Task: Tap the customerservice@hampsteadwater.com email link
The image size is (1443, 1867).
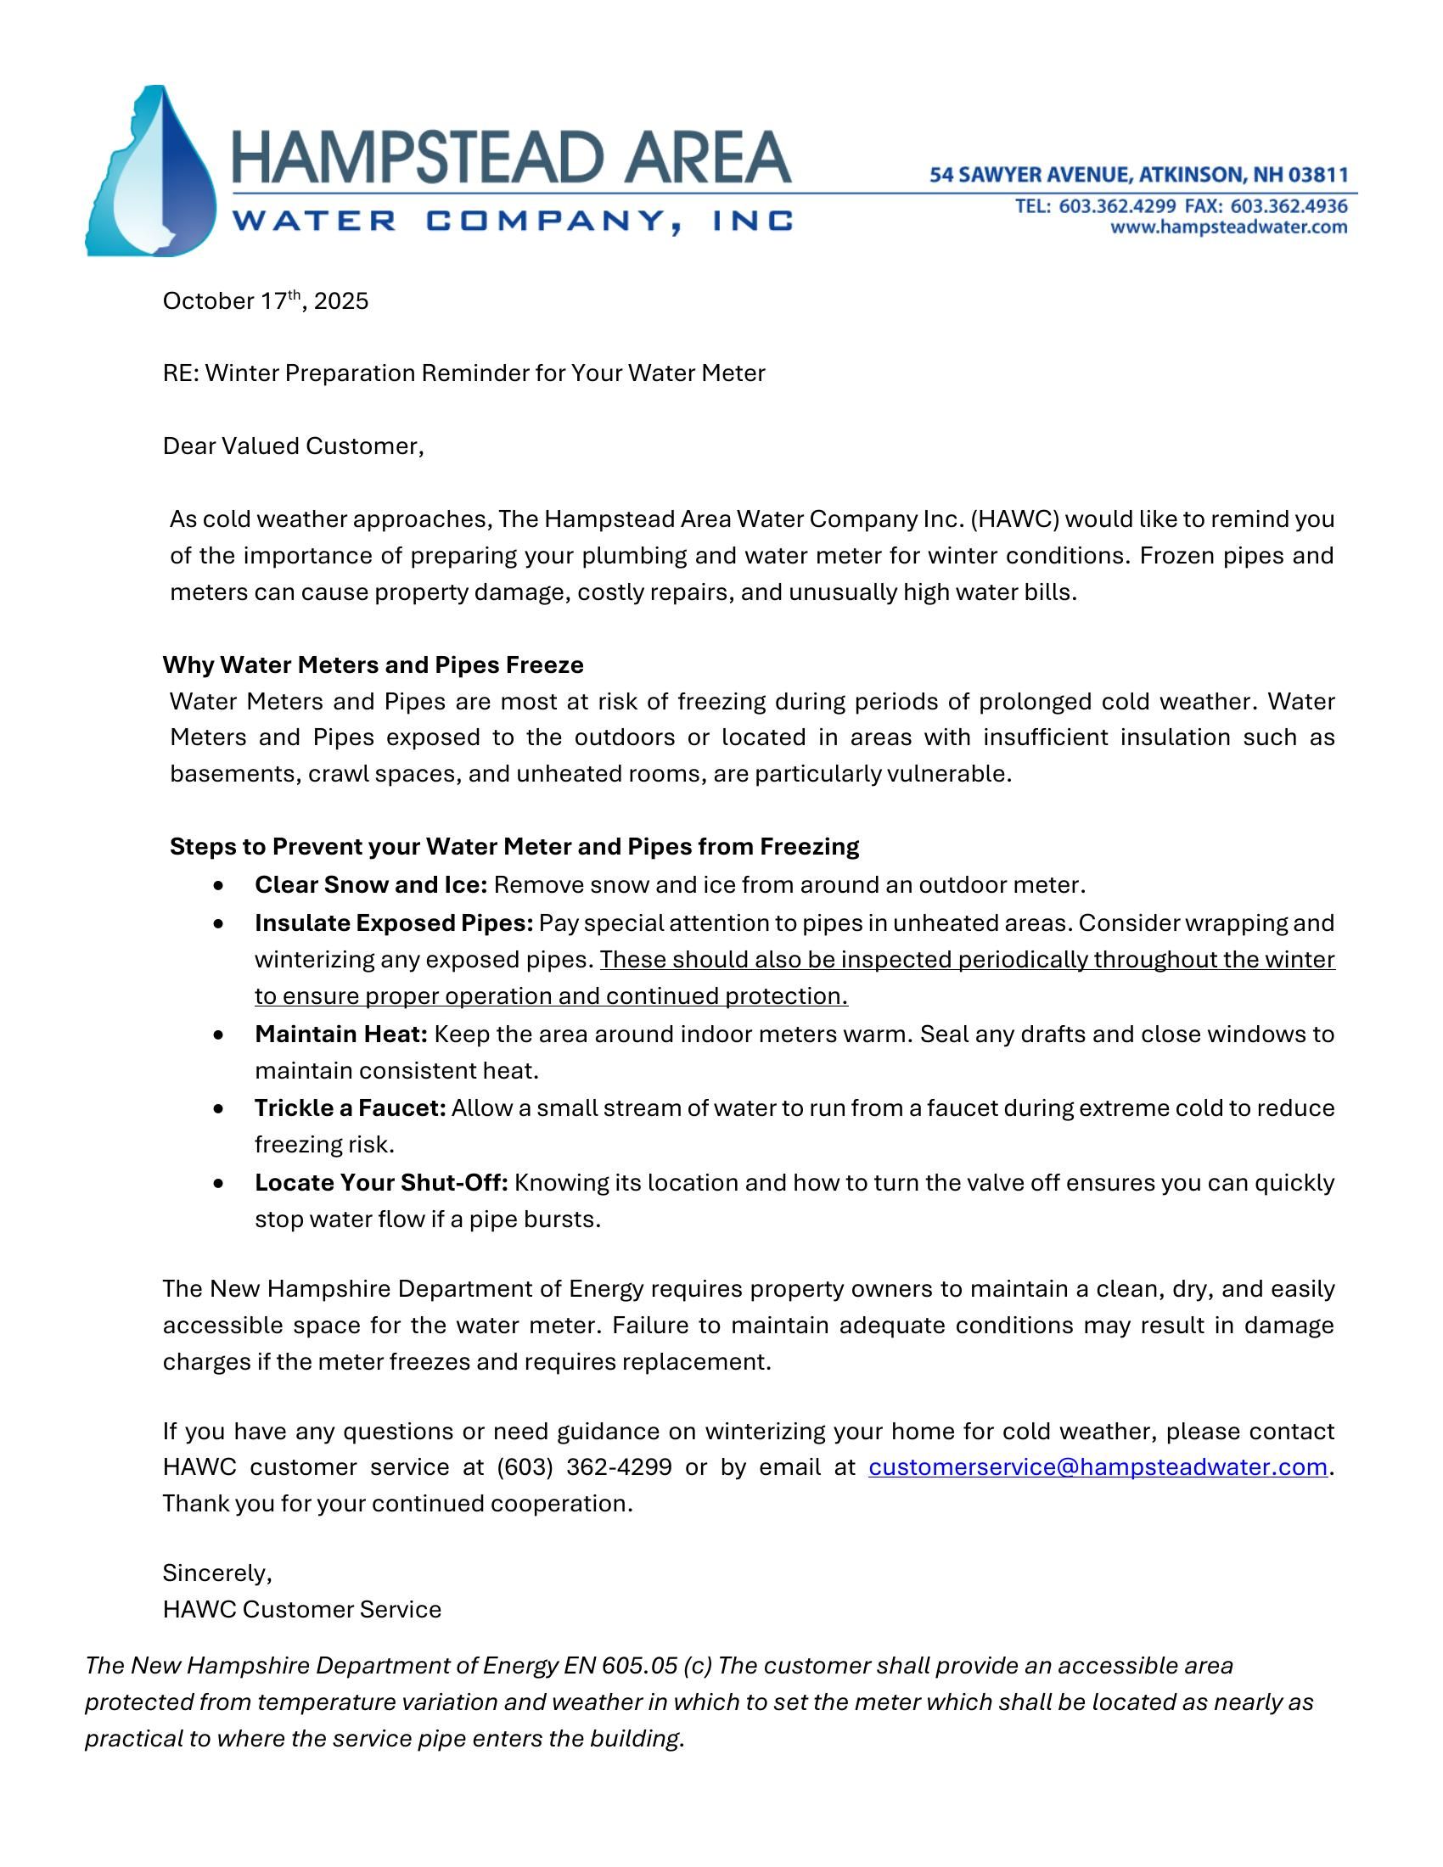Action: pyautogui.click(x=1098, y=1467)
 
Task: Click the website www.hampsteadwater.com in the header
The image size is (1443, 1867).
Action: pyautogui.click(x=1228, y=227)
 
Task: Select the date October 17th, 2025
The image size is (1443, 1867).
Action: pyautogui.click(x=265, y=302)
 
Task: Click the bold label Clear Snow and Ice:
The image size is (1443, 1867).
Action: pyautogui.click(x=370, y=885)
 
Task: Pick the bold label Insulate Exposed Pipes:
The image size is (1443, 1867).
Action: pyautogui.click(x=393, y=923)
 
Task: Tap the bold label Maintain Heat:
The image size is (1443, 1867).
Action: pyautogui.click(x=340, y=1034)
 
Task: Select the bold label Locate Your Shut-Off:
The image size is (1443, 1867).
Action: pyautogui.click(x=381, y=1183)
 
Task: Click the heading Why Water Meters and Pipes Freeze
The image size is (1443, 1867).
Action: pyautogui.click(x=373, y=665)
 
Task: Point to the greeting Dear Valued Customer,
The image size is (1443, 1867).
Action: pyautogui.click(x=293, y=446)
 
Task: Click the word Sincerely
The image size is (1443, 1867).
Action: pyautogui.click(x=216, y=1573)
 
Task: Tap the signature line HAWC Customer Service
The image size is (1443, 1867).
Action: pyautogui.click(x=302, y=1610)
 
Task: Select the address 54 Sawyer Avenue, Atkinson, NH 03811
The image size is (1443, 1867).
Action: pyautogui.click(x=1138, y=176)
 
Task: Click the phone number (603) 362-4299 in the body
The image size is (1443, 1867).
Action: pyautogui.click(x=584, y=1467)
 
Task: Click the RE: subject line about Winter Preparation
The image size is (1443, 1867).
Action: pyautogui.click(x=463, y=373)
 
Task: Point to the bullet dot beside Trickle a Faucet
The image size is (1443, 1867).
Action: pyautogui.click(x=221, y=1109)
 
